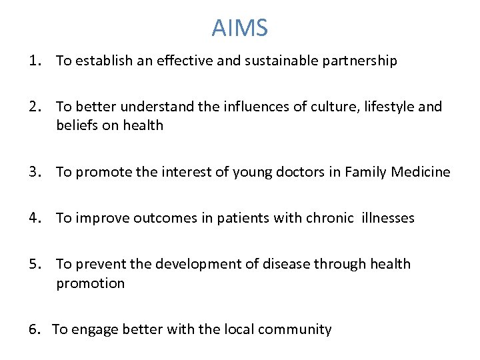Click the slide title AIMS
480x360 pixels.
tap(240, 28)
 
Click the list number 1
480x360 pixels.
tap(34, 61)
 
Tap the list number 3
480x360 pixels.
tap(34, 172)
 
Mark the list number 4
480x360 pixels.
tap(34, 218)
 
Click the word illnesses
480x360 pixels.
tap(387, 218)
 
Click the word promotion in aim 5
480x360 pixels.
tap(90, 283)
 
